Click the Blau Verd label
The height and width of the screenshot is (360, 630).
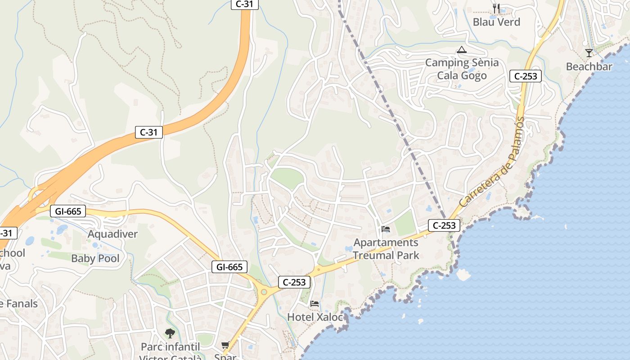tap(496, 22)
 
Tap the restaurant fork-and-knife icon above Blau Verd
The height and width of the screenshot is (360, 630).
tap(496, 8)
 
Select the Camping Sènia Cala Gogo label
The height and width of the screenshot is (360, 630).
tap(462, 69)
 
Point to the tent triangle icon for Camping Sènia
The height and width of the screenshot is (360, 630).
tap(461, 50)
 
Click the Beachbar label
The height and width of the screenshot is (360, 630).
tap(589, 67)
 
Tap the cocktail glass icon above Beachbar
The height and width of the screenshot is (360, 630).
tap(589, 53)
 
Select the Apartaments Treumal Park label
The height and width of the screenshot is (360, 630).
tap(386, 249)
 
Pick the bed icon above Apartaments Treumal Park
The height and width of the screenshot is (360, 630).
tap(386, 229)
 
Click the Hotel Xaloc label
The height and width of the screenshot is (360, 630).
tap(315, 317)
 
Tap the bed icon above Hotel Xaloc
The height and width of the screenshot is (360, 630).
tap(315, 304)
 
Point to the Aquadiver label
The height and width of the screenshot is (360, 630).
tap(112, 234)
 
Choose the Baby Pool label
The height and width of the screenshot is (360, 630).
tap(95, 258)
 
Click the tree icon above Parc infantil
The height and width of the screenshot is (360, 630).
tap(170, 333)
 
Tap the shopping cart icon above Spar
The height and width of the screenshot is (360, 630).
tap(225, 345)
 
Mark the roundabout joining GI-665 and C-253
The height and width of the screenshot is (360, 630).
tap(264, 292)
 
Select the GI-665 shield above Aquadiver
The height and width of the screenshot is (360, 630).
tap(67, 211)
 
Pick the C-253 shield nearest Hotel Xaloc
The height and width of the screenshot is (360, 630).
tap(294, 282)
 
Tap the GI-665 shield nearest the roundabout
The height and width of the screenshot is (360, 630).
tap(229, 267)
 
